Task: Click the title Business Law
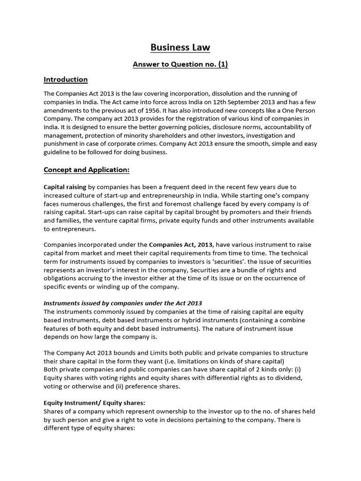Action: click(x=180, y=47)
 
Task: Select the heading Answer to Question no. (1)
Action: click(x=180, y=64)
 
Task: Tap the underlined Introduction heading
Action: click(x=65, y=79)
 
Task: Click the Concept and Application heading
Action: click(x=86, y=169)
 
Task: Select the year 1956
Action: click(x=134, y=110)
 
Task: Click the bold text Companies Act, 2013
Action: click(x=181, y=245)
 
